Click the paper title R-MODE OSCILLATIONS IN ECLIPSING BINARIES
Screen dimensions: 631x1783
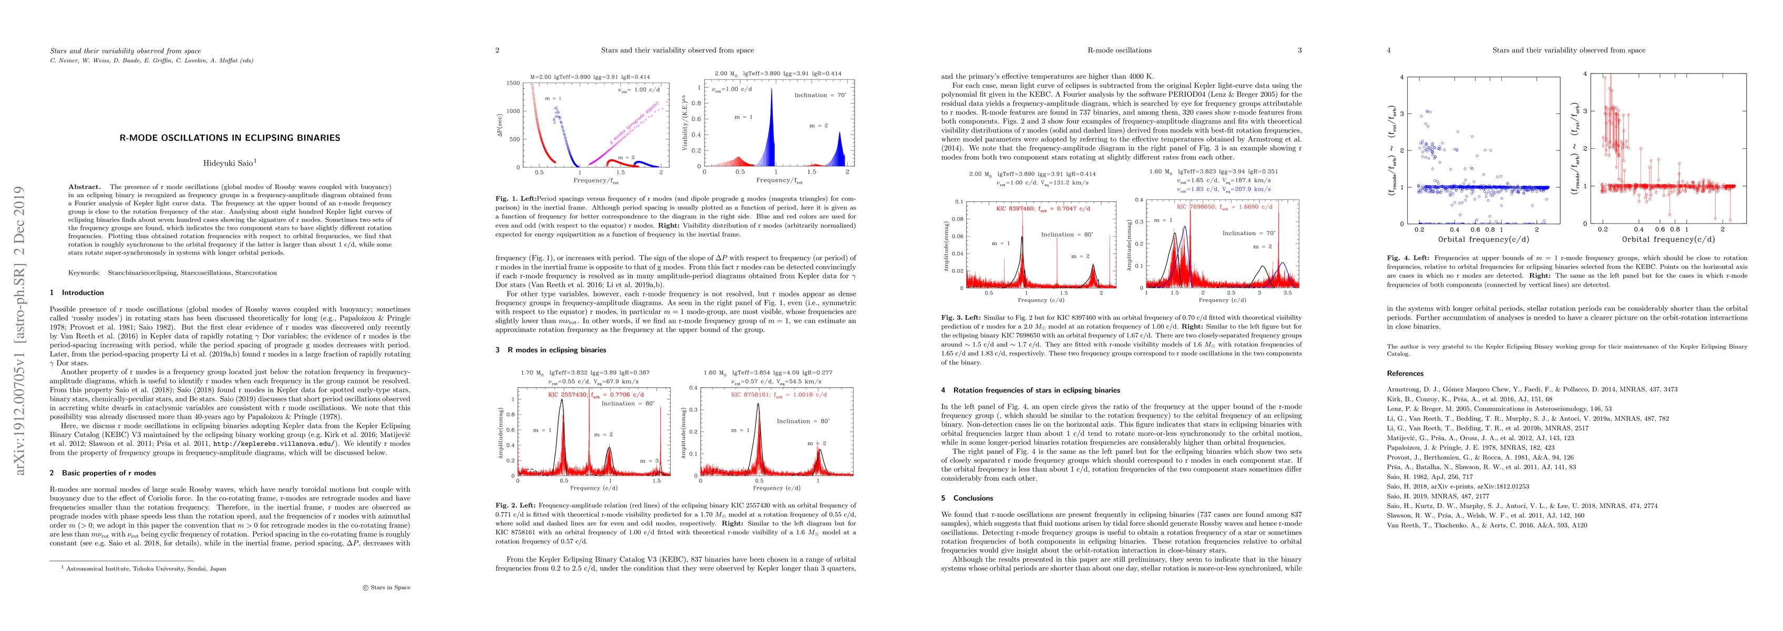[x=230, y=138]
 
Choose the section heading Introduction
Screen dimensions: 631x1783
[x=83, y=293]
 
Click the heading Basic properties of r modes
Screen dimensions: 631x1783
[x=109, y=473]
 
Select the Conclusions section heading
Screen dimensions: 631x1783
[x=972, y=498]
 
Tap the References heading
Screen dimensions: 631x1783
[x=1405, y=373]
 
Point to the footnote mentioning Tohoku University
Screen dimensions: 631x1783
[x=146, y=568]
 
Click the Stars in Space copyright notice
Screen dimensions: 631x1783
[x=386, y=587]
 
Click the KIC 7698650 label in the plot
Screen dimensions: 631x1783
[x=1202, y=207]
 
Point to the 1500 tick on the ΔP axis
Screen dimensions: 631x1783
[x=513, y=83]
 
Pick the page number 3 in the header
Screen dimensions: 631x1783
[x=1299, y=50]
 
